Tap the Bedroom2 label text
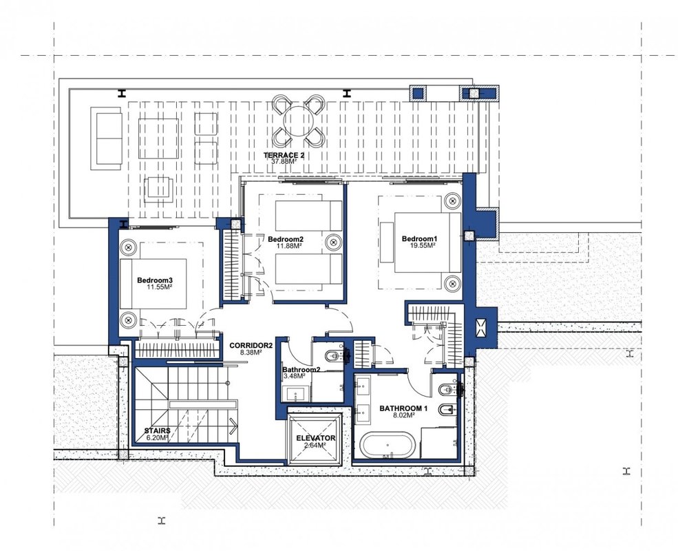click(286, 239)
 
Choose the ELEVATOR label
click(316, 438)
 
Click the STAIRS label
click(157, 430)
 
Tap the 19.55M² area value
click(423, 245)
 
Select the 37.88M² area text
click(284, 161)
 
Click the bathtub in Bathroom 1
click(388, 445)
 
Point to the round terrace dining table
click(298, 121)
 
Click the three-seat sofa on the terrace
click(106, 138)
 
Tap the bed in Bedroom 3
click(153, 284)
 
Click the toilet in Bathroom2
click(334, 356)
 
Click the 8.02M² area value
click(404, 415)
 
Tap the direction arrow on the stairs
click(233, 426)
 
